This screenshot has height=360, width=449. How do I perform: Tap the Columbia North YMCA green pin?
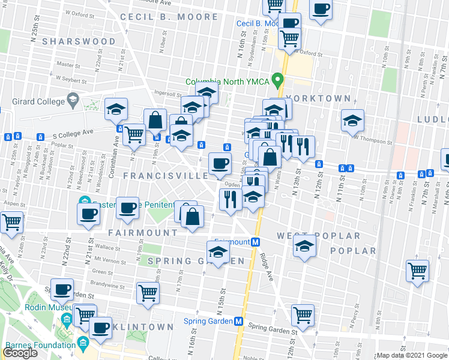pos(277,79)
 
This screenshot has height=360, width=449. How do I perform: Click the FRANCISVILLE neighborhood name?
pos(166,176)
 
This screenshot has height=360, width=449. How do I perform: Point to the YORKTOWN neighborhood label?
pos(318,98)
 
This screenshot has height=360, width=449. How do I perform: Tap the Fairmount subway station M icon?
pos(255,242)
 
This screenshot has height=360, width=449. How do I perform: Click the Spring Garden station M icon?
pos(238,321)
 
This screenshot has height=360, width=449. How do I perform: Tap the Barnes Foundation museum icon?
pos(83,344)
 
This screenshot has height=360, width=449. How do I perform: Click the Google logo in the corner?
pos(20,353)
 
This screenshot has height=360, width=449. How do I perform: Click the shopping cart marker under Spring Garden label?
pos(148,293)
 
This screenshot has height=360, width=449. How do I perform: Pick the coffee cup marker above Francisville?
pos(220,163)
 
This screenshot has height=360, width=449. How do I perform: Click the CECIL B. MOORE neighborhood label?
pos(169,17)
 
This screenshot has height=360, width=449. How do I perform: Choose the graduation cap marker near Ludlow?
pos(352,121)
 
